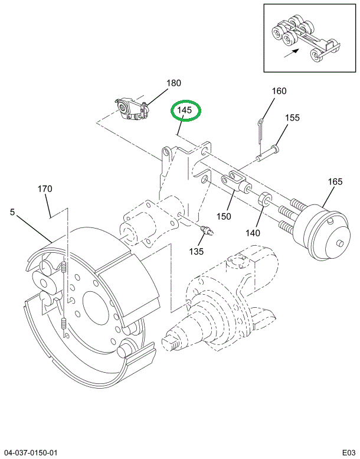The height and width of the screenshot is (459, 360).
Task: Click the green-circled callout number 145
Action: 184,110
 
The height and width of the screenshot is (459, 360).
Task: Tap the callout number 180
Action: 174,83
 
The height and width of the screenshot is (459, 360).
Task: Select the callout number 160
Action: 279,91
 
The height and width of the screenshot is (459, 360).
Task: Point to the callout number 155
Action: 293,118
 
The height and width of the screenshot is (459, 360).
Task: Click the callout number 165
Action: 335,181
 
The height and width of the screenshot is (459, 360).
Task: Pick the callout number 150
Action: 224,216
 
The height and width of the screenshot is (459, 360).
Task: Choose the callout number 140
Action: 253,233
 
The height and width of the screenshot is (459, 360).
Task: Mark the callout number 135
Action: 196,252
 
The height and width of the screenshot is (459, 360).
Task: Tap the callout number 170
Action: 45,189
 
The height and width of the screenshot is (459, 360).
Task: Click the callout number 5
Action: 12,212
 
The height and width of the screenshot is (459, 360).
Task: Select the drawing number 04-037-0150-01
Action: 29,453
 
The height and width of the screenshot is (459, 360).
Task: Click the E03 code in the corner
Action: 349,453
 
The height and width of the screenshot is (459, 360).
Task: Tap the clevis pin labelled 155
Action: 267,153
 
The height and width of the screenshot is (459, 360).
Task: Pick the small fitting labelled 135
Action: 207,230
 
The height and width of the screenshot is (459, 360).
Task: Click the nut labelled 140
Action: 265,198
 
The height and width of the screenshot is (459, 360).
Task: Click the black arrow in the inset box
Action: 292,53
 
